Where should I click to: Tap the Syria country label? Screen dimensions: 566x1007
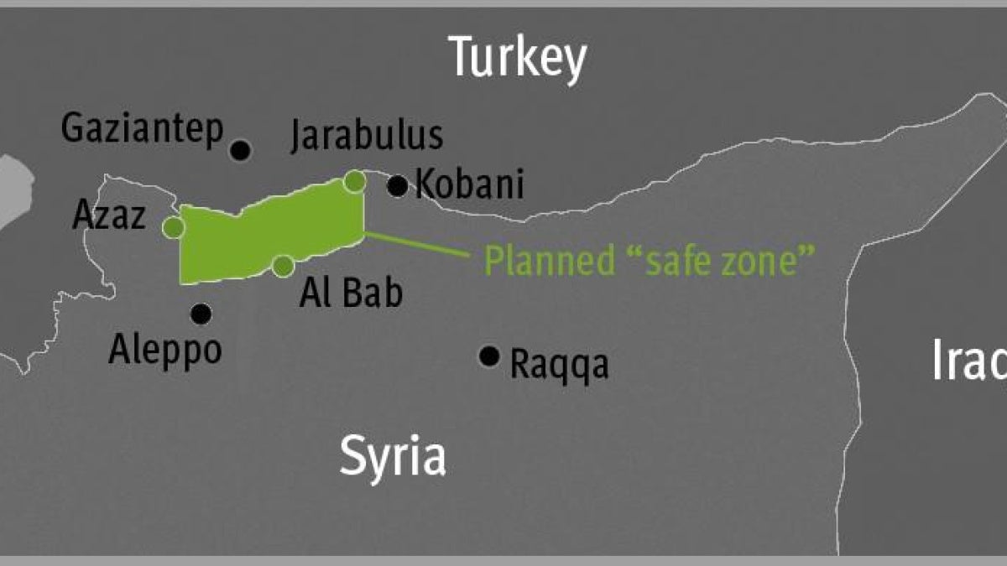(392, 458)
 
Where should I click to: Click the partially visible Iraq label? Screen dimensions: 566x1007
(969, 361)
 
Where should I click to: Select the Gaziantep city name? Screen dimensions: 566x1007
(143, 129)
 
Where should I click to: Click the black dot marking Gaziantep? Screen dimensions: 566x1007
(241, 151)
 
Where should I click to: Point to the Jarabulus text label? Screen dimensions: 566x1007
(367, 137)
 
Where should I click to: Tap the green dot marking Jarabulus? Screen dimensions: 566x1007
(355, 180)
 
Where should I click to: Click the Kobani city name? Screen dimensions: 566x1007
(470, 184)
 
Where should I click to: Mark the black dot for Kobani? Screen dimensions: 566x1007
(398, 186)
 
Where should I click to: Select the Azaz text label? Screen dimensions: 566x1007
(110, 215)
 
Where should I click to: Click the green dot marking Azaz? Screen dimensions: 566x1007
(173, 227)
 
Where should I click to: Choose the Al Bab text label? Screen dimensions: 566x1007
(351, 293)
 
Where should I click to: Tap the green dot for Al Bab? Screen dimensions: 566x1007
(283, 266)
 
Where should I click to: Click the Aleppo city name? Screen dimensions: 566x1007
(165, 349)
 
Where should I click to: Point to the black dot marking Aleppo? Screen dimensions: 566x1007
(201, 314)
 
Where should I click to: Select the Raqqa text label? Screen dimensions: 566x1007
(559, 366)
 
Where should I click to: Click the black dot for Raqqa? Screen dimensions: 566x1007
(489, 356)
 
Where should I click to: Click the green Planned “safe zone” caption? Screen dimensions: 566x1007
(650, 261)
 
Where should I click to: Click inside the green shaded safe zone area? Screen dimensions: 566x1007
(269, 231)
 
